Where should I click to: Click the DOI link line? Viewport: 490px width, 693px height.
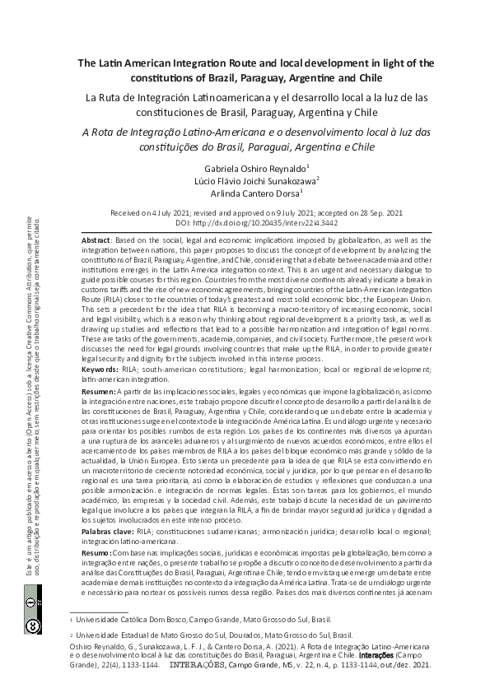tap(245, 222)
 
